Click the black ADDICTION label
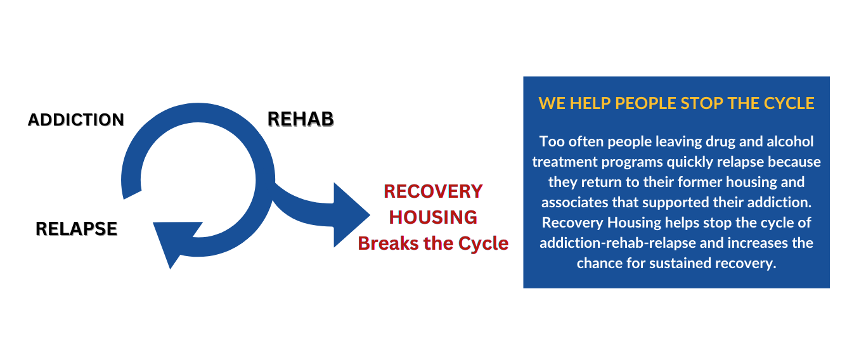76,120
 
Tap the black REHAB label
300,119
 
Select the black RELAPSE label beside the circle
77,229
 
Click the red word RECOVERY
433,191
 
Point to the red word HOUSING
433,217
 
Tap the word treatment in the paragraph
562,162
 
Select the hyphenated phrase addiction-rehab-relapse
628,243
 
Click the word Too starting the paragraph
551,141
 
